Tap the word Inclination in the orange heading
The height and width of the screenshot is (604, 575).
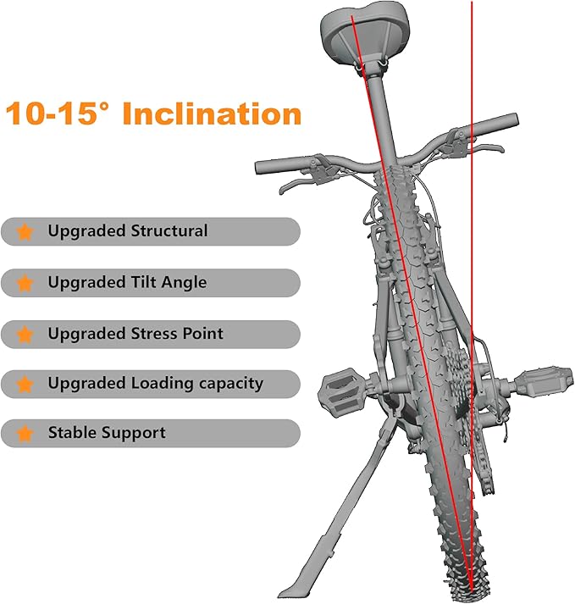pos(212,114)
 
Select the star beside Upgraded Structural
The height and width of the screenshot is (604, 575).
pos(25,232)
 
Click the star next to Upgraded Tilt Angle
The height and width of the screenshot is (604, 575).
pos(25,283)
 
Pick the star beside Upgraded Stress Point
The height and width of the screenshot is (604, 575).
pos(25,335)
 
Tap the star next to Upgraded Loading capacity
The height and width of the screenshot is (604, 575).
pos(25,385)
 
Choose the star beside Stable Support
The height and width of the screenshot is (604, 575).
pos(25,434)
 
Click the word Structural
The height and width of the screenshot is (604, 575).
pos(169,230)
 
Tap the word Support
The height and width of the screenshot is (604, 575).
pos(134,433)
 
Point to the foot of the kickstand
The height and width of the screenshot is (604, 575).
pos(295,590)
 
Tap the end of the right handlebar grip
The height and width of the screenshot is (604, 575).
pos(516,119)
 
